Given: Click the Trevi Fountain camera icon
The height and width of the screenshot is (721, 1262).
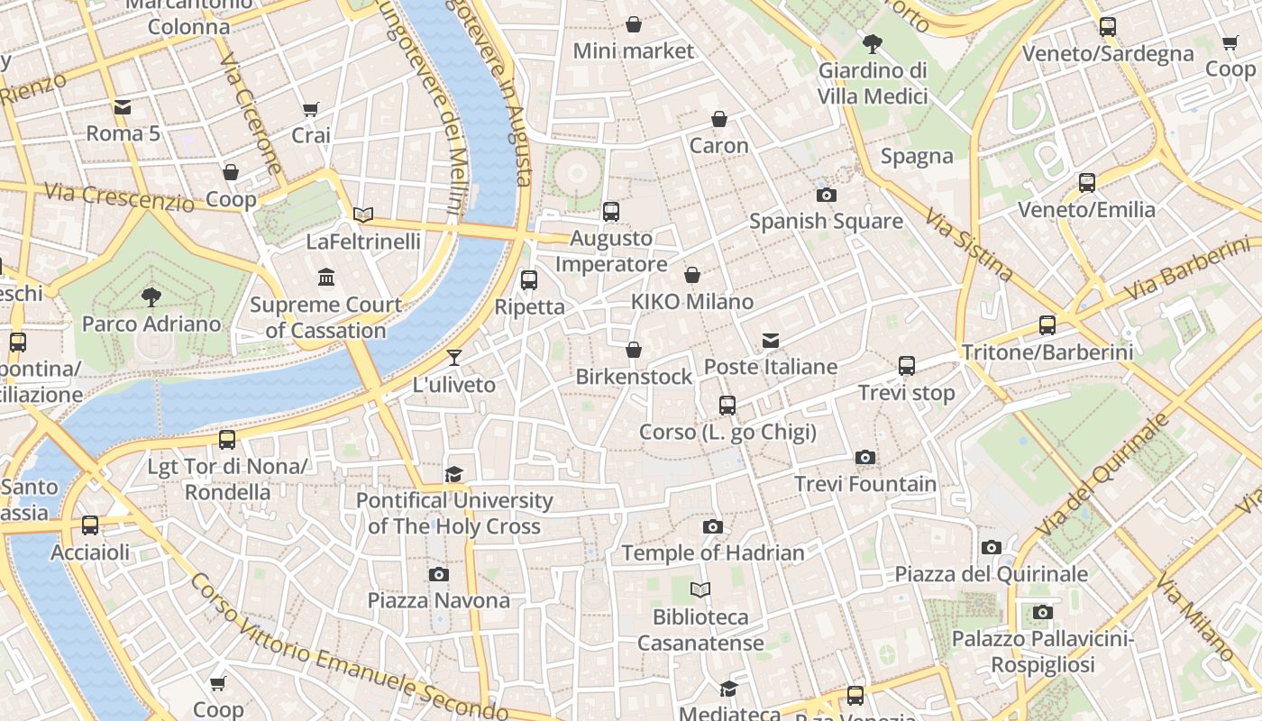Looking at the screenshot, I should click(x=865, y=458).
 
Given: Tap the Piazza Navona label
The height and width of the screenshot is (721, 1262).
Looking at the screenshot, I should click(x=438, y=600).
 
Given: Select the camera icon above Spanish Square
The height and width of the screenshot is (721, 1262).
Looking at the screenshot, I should click(x=826, y=195).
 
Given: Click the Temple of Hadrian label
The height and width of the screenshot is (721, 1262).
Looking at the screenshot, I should click(x=712, y=552).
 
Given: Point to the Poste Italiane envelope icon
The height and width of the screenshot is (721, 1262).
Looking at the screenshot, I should click(x=771, y=341).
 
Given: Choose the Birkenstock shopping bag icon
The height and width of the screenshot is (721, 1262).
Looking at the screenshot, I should click(x=634, y=350).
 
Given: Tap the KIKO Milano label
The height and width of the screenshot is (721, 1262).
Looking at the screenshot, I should click(x=692, y=301).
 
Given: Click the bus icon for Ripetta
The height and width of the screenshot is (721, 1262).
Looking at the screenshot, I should click(x=529, y=280).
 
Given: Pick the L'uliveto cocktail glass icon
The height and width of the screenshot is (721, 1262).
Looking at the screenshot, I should click(x=454, y=358).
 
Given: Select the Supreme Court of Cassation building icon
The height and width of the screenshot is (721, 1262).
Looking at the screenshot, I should click(x=325, y=277).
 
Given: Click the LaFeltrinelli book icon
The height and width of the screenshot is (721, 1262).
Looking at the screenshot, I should click(x=363, y=214).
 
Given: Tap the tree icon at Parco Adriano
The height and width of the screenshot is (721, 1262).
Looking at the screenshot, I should click(x=151, y=296).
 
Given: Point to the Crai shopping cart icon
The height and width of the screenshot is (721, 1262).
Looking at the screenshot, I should click(x=311, y=109).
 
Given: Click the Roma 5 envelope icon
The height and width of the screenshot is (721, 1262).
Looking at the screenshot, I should click(x=123, y=107).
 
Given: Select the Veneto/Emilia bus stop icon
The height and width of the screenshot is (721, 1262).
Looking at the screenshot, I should click(x=1087, y=183).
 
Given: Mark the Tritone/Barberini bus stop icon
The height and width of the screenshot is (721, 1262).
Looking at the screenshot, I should click(x=1047, y=325).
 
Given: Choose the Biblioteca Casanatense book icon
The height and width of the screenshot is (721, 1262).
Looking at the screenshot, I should click(x=700, y=590).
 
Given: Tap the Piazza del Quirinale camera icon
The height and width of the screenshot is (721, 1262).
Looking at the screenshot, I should click(x=992, y=548).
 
